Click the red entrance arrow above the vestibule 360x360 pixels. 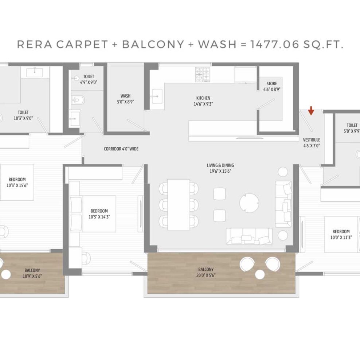coord(311,110)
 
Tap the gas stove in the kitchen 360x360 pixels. coord(203,74)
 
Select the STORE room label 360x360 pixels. coord(271,83)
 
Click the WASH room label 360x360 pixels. coord(125,96)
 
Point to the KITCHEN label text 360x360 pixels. coord(203,98)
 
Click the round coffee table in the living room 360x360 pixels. coord(249,203)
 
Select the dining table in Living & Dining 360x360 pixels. coord(179,204)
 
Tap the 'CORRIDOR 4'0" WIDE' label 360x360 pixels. coord(121,149)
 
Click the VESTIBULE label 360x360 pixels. coord(311,140)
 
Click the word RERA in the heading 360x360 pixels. coord(35,44)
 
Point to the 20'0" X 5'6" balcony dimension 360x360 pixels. coord(206,275)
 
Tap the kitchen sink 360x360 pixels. coord(157,97)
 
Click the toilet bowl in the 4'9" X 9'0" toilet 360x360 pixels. coord(78,100)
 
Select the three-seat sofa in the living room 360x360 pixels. coord(249,236)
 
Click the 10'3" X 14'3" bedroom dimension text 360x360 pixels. coord(99,217)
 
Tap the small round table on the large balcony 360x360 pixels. coord(260,274)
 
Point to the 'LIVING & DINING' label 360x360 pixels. coord(220,165)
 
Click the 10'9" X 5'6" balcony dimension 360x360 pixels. coord(32,276)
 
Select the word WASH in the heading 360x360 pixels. coord(217,44)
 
